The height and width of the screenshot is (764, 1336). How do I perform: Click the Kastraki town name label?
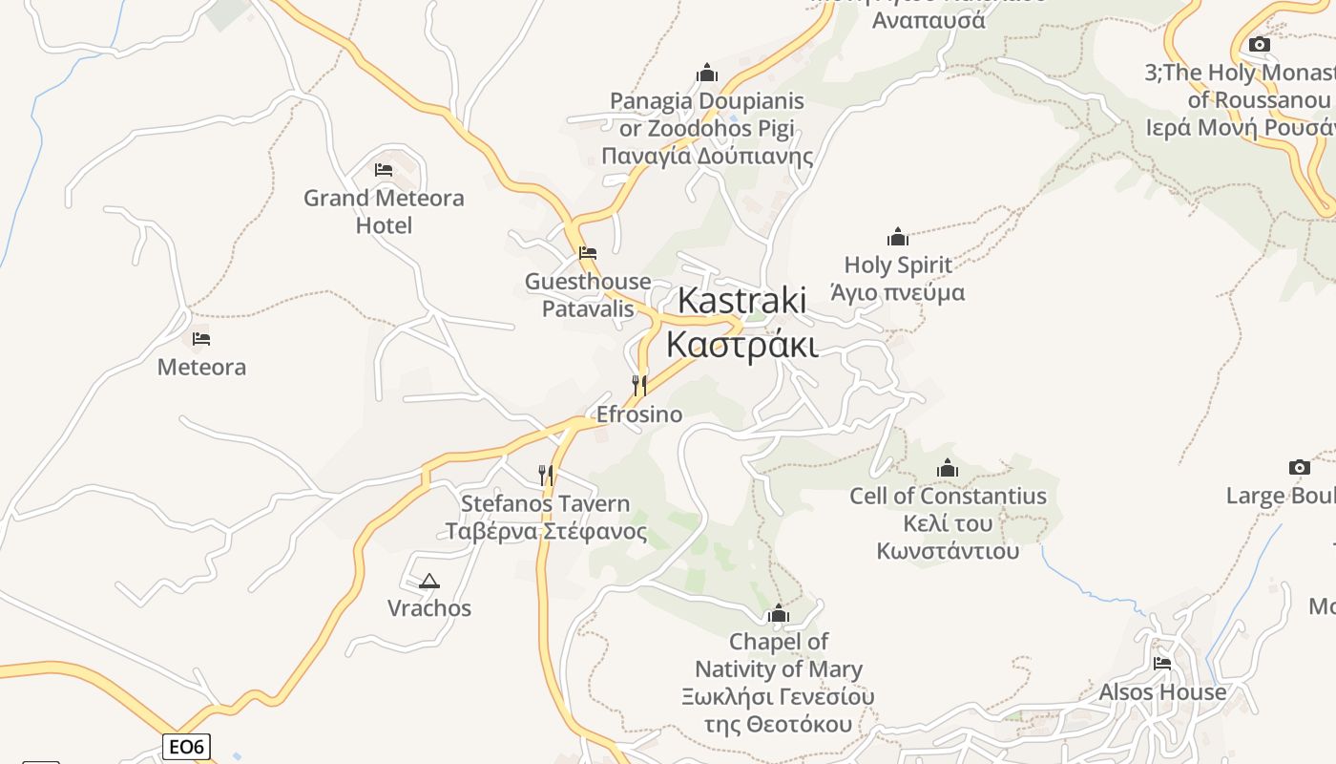(741, 322)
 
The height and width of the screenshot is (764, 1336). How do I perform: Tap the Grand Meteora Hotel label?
(384, 211)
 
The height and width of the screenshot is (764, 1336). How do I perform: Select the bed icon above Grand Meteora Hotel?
(384, 170)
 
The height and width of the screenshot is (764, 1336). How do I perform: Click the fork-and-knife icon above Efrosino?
(639, 385)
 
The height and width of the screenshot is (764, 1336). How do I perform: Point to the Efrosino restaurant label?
(639, 414)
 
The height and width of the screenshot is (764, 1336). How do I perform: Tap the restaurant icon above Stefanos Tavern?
(546, 475)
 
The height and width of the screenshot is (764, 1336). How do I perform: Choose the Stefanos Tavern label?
(546, 517)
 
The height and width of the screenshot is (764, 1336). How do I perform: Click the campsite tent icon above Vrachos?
(429, 581)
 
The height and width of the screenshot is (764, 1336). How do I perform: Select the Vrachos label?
(429, 608)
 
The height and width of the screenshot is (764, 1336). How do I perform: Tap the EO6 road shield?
(186, 747)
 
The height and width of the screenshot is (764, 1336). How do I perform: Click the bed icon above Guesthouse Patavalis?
(588, 253)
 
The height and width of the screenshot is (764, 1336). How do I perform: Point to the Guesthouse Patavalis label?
(588, 295)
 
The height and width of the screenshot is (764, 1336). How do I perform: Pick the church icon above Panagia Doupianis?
(707, 73)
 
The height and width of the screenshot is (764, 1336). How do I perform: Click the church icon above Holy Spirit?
(898, 237)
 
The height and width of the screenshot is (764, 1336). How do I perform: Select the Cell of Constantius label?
(948, 523)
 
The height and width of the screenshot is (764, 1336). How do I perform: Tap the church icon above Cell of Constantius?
(948, 468)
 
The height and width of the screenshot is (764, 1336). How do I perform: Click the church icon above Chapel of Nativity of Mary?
(779, 613)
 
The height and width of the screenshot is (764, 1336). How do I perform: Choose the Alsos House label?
(1162, 691)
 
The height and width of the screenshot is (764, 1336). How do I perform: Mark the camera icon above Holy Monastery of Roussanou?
(1260, 44)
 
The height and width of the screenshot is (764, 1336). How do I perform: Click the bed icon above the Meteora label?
(201, 338)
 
